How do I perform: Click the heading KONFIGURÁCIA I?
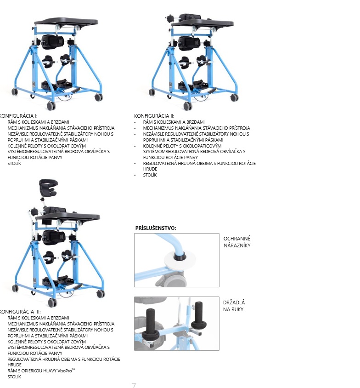(18, 116)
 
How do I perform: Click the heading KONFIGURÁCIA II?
(154, 116)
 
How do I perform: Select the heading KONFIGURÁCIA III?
(20, 312)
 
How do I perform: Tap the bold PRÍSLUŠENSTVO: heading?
(156, 228)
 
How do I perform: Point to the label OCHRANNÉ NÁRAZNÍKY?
(237, 242)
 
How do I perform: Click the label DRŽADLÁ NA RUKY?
(234, 306)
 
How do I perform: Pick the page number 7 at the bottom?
(134, 386)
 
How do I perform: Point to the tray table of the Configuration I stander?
(66, 22)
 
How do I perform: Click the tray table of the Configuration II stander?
(202, 23)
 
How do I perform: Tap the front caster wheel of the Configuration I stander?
(51, 106)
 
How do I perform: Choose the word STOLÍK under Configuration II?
(150, 175)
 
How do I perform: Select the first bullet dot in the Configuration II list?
(135, 122)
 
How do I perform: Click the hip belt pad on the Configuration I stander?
(52, 42)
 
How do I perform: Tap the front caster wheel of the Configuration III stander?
(52, 302)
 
